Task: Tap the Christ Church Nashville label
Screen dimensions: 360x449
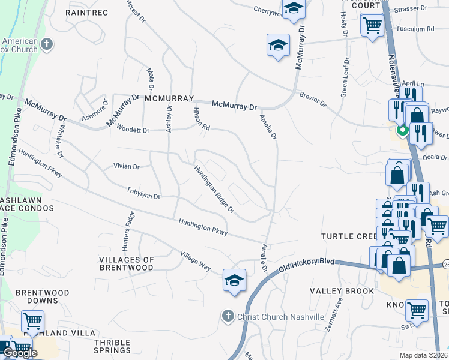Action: pyautogui.click(x=280, y=316)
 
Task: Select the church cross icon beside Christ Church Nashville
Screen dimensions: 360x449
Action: pyautogui.click(x=227, y=316)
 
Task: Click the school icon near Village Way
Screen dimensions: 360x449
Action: pyautogui.click(x=234, y=280)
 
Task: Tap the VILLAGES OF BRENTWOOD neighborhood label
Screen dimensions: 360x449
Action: pyautogui.click(x=126, y=263)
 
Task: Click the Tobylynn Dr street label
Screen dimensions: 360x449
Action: pyautogui.click(x=143, y=193)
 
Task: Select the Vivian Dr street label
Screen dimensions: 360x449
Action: pyautogui.click(x=126, y=166)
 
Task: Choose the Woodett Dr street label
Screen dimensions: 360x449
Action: pyautogui.click(x=132, y=129)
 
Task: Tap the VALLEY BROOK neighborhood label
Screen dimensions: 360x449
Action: pyautogui.click(x=342, y=291)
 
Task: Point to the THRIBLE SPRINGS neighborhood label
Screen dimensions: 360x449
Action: pyautogui.click(x=112, y=346)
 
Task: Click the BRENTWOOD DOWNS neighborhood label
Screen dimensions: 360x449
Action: pyautogui.click(x=43, y=297)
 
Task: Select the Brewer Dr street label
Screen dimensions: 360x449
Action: pyautogui.click(x=312, y=100)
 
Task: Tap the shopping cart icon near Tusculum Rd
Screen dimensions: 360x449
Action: pyautogui.click(x=372, y=25)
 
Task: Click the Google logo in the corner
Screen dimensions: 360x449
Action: pyautogui.click(x=20, y=353)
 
